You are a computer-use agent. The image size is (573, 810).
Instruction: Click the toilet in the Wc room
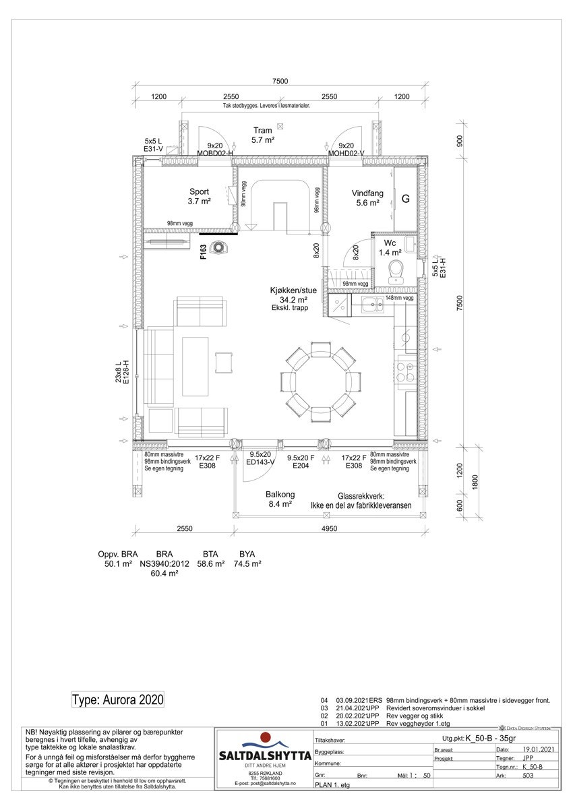(397, 271)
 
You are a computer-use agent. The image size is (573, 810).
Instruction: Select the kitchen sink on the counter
(371, 306)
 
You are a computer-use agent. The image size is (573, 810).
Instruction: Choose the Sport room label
(199, 192)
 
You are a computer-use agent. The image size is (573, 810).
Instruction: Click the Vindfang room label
(367, 193)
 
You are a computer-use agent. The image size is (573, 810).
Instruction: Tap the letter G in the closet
(406, 199)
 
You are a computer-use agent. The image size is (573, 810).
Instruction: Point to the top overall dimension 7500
(280, 82)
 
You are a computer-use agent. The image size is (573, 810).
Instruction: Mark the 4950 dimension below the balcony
(329, 529)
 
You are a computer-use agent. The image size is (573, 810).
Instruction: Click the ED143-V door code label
(260, 463)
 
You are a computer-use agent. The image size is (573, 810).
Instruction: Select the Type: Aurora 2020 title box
(118, 699)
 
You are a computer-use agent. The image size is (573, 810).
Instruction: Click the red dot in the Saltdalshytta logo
(265, 737)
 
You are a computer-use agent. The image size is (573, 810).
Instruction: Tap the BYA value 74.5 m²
(247, 564)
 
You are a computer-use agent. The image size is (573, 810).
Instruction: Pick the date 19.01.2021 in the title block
(538, 749)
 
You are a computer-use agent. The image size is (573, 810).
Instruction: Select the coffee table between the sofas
(196, 366)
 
